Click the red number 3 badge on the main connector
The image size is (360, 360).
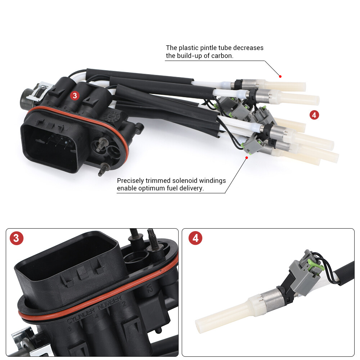[x=75, y=95]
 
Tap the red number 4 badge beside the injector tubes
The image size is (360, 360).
[x=314, y=115]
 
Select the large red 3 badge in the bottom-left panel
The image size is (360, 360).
[x=17, y=238]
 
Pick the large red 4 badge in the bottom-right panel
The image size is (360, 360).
[x=195, y=238]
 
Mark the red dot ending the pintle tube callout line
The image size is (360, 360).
[x=280, y=76]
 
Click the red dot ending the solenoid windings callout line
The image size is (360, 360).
[x=247, y=157]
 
